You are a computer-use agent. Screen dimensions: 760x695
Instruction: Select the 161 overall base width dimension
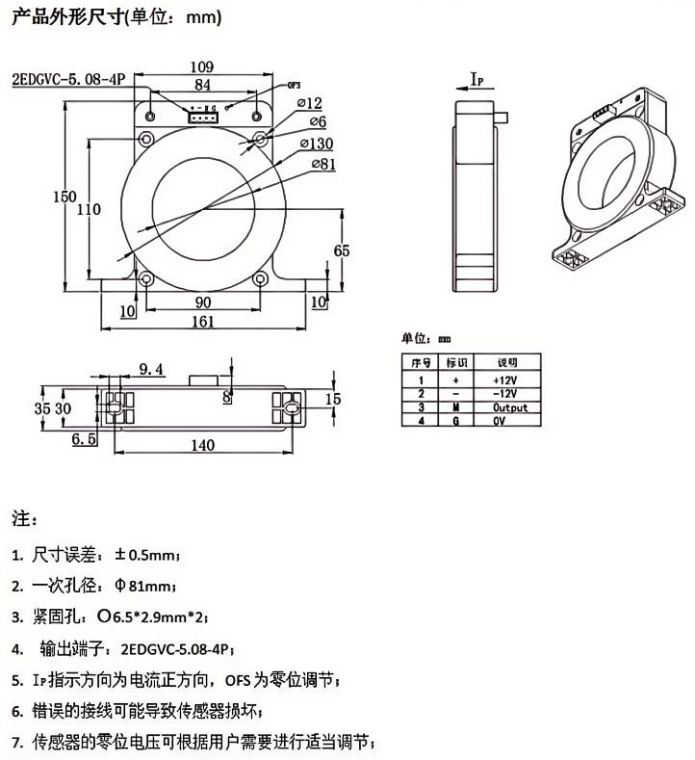click(x=202, y=322)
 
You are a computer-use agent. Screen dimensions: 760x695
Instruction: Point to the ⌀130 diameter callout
click(x=317, y=144)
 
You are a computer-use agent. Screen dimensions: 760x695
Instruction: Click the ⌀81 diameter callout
click(x=323, y=165)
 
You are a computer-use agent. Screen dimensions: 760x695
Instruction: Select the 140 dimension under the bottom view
click(x=202, y=444)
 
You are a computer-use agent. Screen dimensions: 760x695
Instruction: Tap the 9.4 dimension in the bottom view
click(x=152, y=368)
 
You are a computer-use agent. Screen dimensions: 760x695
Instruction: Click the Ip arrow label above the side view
click(x=476, y=78)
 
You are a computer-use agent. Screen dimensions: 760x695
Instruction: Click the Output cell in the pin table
click(x=505, y=407)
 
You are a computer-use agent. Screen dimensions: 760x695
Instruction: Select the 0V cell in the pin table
click(x=501, y=421)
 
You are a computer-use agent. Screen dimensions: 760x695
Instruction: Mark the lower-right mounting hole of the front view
click(x=259, y=280)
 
